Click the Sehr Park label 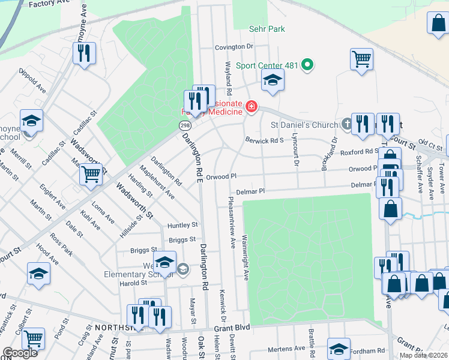click(267, 29)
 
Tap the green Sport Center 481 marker click(308, 65)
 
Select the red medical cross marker click(250, 108)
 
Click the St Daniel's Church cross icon click(346, 124)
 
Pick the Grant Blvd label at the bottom click(232, 329)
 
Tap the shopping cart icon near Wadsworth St click(91, 174)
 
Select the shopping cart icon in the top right click(361, 59)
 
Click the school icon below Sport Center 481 click(272, 80)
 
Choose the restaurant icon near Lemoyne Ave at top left click(84, 53)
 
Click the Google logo click(19, 353)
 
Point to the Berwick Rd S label click(264, 140)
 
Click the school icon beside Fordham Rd click(339, 349)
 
